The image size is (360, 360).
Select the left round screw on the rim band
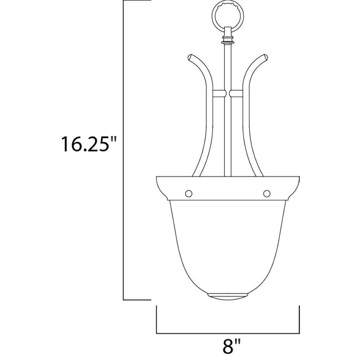click(189, 194)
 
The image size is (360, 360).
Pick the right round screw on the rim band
click(266, 194)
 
